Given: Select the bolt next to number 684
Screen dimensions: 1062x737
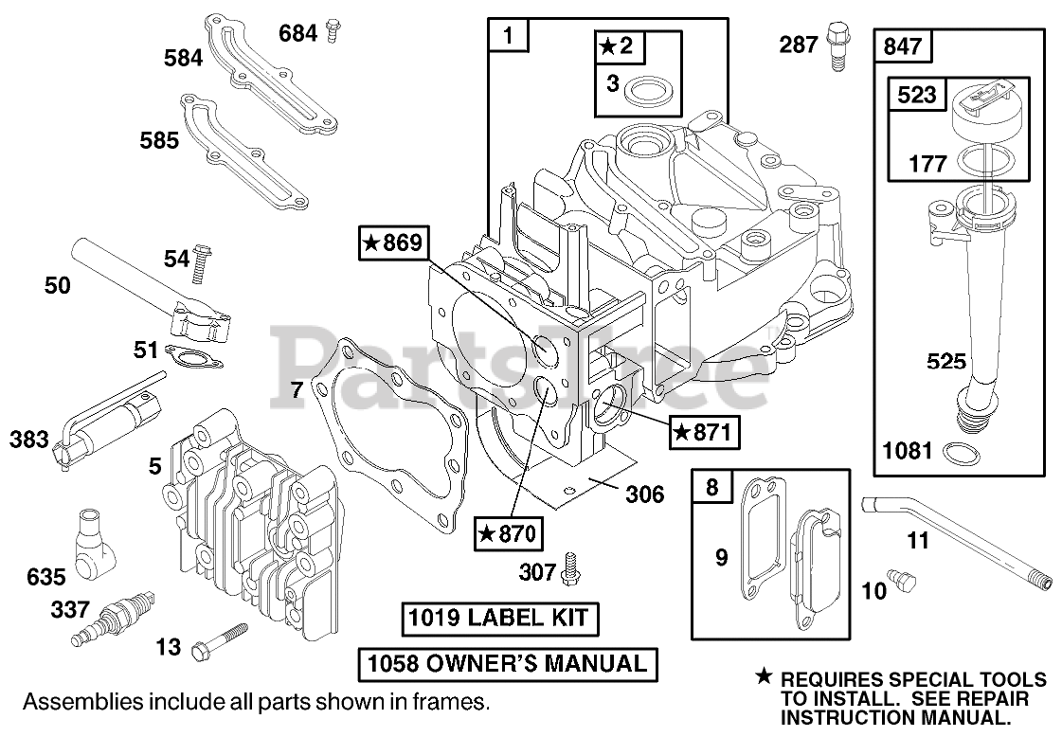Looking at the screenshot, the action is [x=332, y=31].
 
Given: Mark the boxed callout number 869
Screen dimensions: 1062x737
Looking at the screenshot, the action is [x=393, y=243].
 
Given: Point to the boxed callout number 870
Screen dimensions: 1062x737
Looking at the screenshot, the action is [x=509, y=534].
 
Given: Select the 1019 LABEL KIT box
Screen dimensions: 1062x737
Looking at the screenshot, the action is [x=500, y=619].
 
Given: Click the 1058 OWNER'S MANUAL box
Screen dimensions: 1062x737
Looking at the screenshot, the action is [x=507, y=664].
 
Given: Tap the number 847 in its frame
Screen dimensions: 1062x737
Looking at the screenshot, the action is [x=903, y=45].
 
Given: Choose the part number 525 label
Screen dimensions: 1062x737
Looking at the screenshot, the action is [x=946, y=361].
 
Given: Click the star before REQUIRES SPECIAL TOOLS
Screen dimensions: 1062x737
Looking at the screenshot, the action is [x=764, y=676].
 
